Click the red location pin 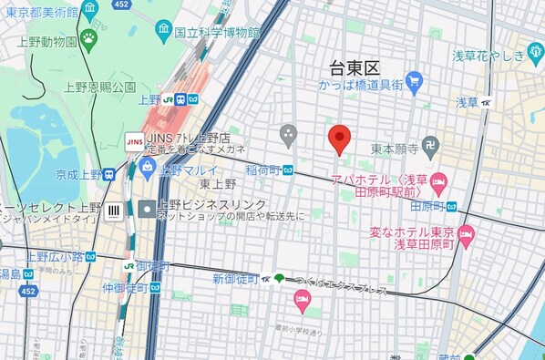coord(339,138)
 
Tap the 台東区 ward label coord(355,67)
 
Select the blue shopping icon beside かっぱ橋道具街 coord(414,82)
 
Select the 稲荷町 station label coord(262,169)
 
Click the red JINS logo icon coord(134,141)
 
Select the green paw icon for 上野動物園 coord(88,38)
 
